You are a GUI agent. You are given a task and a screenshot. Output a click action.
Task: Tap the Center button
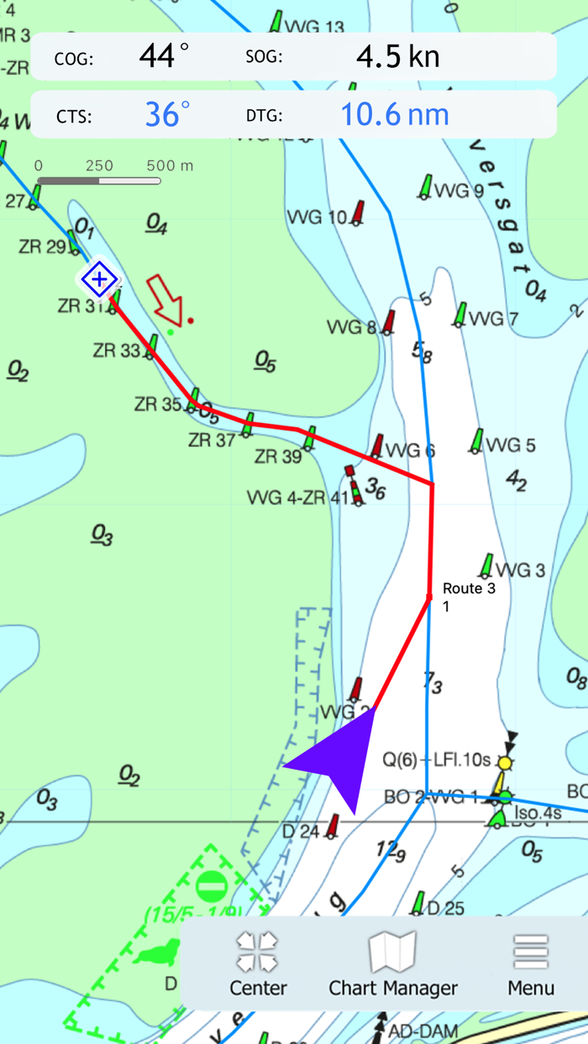tap(258, 965)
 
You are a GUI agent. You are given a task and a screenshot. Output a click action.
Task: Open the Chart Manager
tap(393, 965)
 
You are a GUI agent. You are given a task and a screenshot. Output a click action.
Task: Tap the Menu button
tap(531, 965)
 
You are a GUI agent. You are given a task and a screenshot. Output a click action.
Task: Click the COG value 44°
tap(164, 57)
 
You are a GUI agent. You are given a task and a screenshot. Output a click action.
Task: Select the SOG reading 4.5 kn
tap(398, 57)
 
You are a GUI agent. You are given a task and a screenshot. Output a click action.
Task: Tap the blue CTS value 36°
tap(167, 114)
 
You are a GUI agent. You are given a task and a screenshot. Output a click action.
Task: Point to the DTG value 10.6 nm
tap(394, 114)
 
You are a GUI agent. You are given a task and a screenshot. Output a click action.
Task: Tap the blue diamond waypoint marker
tap(99, 279)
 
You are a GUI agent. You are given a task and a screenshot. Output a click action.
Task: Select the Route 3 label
tap(469, 588)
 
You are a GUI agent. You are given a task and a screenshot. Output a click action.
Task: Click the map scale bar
tap(98, 180)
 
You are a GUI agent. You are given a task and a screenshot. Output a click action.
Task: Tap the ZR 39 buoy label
tap(278, 457)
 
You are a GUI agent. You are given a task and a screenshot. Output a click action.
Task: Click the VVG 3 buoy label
tap(520, 571)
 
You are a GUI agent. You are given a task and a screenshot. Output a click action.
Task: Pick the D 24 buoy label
tap(301, 832)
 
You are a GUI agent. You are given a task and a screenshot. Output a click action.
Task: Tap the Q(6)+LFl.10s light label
tap(436, 760)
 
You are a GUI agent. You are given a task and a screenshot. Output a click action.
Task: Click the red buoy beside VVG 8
tap(389, 321)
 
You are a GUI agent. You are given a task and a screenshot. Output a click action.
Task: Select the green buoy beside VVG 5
tap(477, 441)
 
